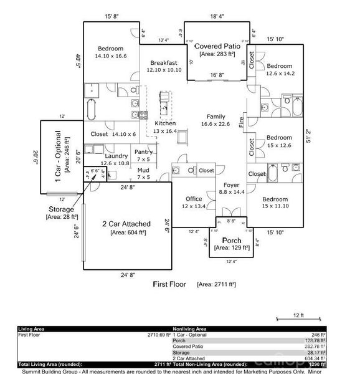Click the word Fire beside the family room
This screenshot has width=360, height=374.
[242, 120]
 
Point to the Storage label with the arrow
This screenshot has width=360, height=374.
[61, 209]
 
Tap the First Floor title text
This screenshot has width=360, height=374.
[169, 284]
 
